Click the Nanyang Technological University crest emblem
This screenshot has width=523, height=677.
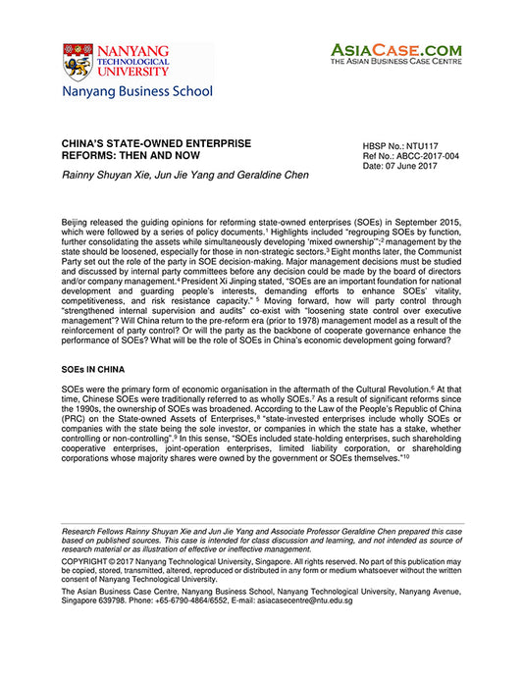click(x=78, y=62)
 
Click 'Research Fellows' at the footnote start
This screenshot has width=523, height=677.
click(x=94, y=530)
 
